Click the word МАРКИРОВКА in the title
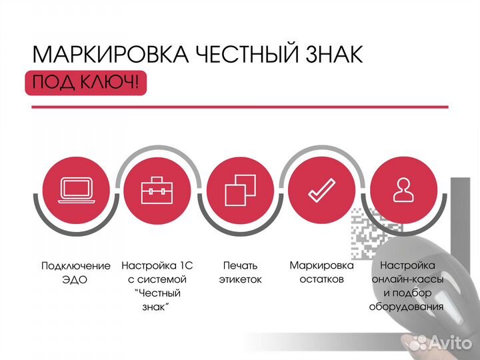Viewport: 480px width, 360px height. coord(110,55)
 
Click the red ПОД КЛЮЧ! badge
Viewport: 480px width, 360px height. coord(86,83)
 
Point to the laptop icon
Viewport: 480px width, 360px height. coord(77,191)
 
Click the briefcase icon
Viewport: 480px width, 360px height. coord(157,191)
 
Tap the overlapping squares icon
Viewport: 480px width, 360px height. coord(240,190)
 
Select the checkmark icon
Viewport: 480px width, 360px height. coord(321,191)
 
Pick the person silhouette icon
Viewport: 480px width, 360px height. coord(403,190)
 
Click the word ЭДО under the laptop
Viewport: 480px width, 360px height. coord(75,280)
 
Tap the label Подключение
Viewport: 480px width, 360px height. coord(76,266)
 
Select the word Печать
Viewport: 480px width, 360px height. coord(240,265)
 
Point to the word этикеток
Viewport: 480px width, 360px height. coord(240,279)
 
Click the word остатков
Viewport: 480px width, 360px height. coord(321,279)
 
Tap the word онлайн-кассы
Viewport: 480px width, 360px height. coord(407,279)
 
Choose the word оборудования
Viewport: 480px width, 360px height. coord(406,307)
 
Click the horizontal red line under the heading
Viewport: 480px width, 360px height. coord(240,107)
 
